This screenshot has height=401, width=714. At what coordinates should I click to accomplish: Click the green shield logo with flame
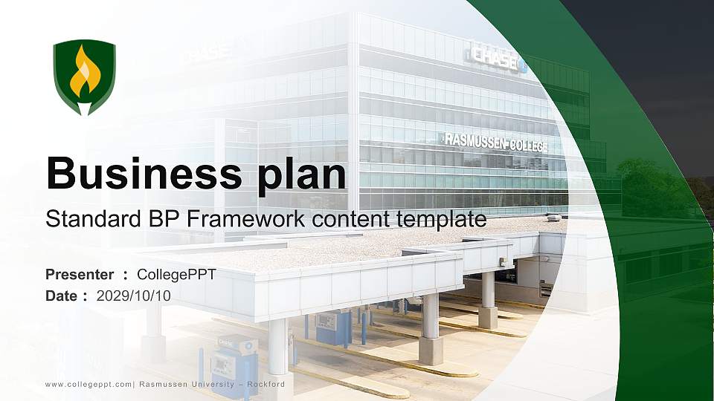pyautogui.click(x=84, y=77)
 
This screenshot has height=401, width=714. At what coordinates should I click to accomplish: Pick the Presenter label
pyautogui.click(x=80, y=275)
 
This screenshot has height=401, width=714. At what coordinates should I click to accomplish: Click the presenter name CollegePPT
pyautogui.click(x=176, y=275)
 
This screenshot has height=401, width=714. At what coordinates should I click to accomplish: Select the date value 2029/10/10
pyautogui.click(x=134, y=296)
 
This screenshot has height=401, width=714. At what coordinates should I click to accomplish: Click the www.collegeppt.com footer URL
pyautogui.click(x=89, y=384)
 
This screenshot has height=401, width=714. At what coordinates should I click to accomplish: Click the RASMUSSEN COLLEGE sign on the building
pyautogui.click(x=495, y=143)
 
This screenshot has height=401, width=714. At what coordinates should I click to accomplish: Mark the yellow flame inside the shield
pyautogui.click(x=84, y=74)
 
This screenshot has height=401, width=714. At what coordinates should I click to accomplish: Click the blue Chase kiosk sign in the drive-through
pyautogui.click(x=228, y=342)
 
